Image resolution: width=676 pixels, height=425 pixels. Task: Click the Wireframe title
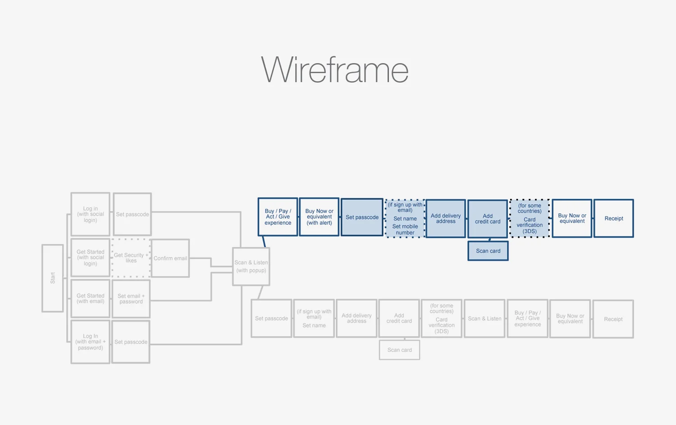tap(335, 70)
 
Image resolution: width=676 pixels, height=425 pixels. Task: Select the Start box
tap(53, 278)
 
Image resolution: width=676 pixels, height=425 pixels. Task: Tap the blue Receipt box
tap(613, 218)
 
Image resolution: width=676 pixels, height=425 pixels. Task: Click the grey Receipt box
tap(613, 319)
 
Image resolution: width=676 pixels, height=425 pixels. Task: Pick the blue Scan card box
tap(488, 251)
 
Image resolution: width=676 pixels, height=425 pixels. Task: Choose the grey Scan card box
tap(399, 350)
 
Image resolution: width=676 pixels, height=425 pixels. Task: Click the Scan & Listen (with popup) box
tap(251, 266)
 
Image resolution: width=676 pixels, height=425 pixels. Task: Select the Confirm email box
tap(170, 258)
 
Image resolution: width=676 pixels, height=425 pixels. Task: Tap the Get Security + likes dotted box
tap(131, 258)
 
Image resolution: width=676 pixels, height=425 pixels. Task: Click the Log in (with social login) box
tap(90, 214)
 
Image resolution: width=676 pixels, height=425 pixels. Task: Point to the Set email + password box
tap(131, 299)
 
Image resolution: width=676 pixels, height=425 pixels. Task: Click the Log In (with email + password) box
tap(90, 342)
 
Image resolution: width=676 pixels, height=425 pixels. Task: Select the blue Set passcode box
tap(362, 217)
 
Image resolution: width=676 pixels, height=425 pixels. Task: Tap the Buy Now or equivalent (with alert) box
tap(319, 217)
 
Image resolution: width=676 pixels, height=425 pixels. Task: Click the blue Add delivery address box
tap(446, 218)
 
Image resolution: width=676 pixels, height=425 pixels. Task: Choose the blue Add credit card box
tap(488, 219)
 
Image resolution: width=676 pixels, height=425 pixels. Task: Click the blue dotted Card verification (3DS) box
tap(530, 218)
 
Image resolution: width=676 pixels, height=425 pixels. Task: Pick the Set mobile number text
tap(405, 230)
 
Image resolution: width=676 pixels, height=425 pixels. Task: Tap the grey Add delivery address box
tap(356, 319)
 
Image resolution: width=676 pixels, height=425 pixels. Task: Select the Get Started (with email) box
tap(90, 298)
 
